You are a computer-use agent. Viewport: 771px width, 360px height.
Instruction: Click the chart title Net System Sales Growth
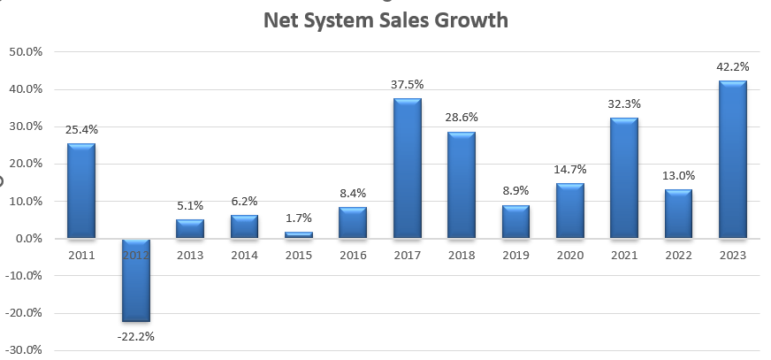coord(386,19)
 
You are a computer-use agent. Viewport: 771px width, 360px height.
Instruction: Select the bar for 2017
coord(407,168)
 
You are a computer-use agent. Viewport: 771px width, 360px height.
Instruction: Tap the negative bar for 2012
coord(135,280)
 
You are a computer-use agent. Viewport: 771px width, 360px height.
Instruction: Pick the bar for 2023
coord(732,159)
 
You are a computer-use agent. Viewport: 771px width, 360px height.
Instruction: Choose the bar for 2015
coord(298,234)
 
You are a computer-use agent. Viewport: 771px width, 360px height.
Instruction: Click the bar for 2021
coord(623,178)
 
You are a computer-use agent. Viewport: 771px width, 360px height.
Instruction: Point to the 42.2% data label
coord(732,66)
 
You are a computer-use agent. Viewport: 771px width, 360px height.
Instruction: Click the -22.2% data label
coord(135,336)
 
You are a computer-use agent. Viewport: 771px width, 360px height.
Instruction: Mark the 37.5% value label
coord(407,84)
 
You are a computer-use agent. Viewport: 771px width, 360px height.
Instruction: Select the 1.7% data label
coord(298,218)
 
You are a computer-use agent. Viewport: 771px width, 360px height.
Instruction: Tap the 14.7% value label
coord(569,169)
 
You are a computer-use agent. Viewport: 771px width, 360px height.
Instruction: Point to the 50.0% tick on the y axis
coord(26,51)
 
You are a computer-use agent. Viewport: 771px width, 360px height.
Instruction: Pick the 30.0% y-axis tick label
coord(26,126)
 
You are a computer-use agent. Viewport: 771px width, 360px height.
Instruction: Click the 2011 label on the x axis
coord(80,255)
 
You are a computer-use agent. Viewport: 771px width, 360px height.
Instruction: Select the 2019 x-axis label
coord(515,255)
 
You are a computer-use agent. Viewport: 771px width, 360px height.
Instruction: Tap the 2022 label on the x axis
coord(678,255)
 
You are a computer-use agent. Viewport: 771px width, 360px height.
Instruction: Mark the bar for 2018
coord(461,185)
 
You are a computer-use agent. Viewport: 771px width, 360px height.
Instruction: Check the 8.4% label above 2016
coord(352,193)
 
